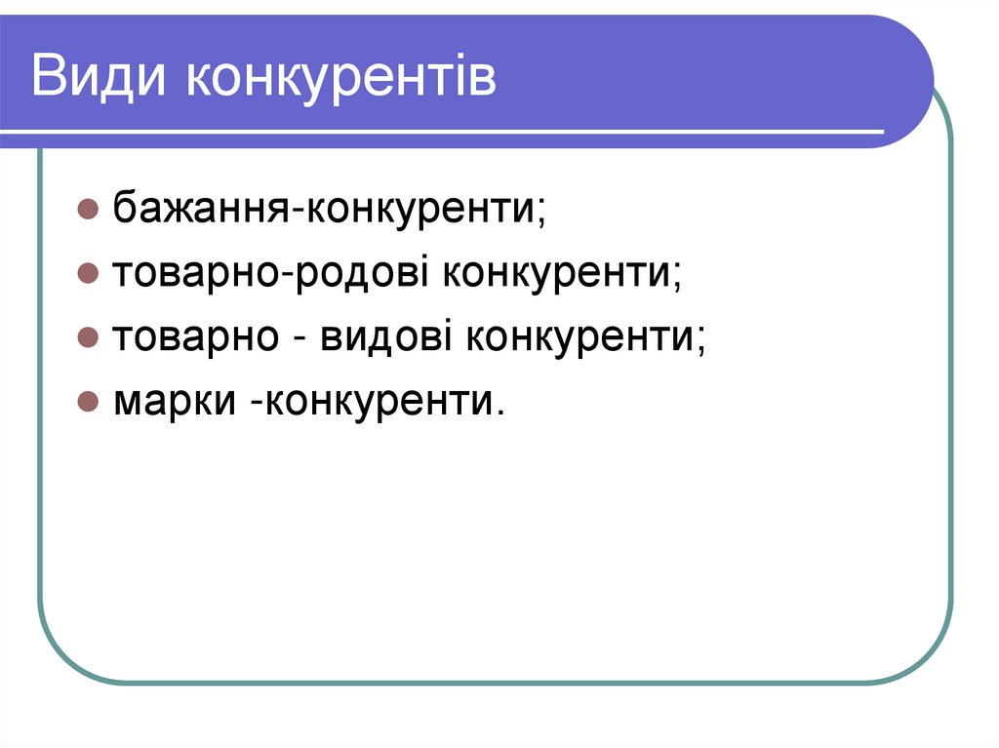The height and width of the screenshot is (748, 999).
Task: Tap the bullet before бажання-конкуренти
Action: [x=87, y=209]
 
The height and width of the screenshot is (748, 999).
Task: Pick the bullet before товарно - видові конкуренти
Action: [x=87, y=337]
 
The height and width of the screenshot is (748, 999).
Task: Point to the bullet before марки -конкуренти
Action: [x=87, y=402]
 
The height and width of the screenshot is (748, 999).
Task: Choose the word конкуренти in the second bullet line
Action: [x=557, y=273]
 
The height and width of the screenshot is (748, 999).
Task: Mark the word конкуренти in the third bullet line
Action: [x=579, y=337]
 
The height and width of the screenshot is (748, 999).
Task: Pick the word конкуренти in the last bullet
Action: [x=377, y=402]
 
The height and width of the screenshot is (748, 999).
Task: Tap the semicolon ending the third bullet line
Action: [x=700, y=341]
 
